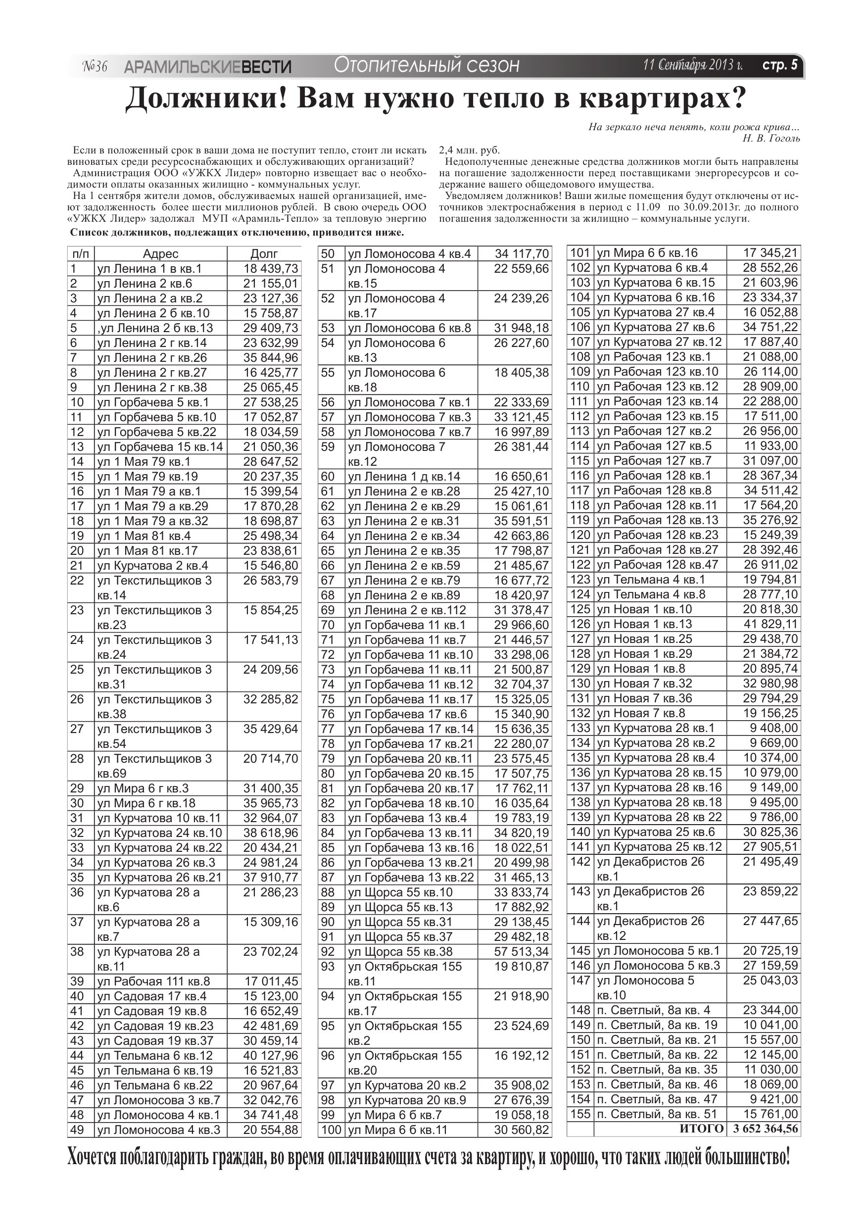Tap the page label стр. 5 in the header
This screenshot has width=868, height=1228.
click(x=779, y=65)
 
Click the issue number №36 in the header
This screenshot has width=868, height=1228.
click(x=95, y=66)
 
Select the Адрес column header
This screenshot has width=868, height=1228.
click(x=160, y=254)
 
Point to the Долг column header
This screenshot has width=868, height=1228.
click(x=264, y=254)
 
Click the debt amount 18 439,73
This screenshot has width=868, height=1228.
click(x=271, y=268)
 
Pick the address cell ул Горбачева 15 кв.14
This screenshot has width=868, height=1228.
click(x=160, y=446)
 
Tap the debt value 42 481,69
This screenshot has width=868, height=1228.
click(x=271, y=1025)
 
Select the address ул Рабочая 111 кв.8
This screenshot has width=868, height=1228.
click(x=153, y=981)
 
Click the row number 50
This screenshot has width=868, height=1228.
click(x=327, y=253)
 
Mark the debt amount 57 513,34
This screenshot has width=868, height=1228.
click(x=522, y=951)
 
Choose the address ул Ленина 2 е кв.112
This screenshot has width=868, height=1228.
click(x=407, y=610)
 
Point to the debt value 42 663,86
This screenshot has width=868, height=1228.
click(x=522, y=536)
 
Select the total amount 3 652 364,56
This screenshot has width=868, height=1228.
click(x=766, y=1129)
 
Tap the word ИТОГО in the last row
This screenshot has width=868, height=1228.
click(x=702, y=1129)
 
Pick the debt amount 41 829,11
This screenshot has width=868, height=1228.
click(x=770, y=624)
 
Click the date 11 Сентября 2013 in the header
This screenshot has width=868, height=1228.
click(x=693, y=65)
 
